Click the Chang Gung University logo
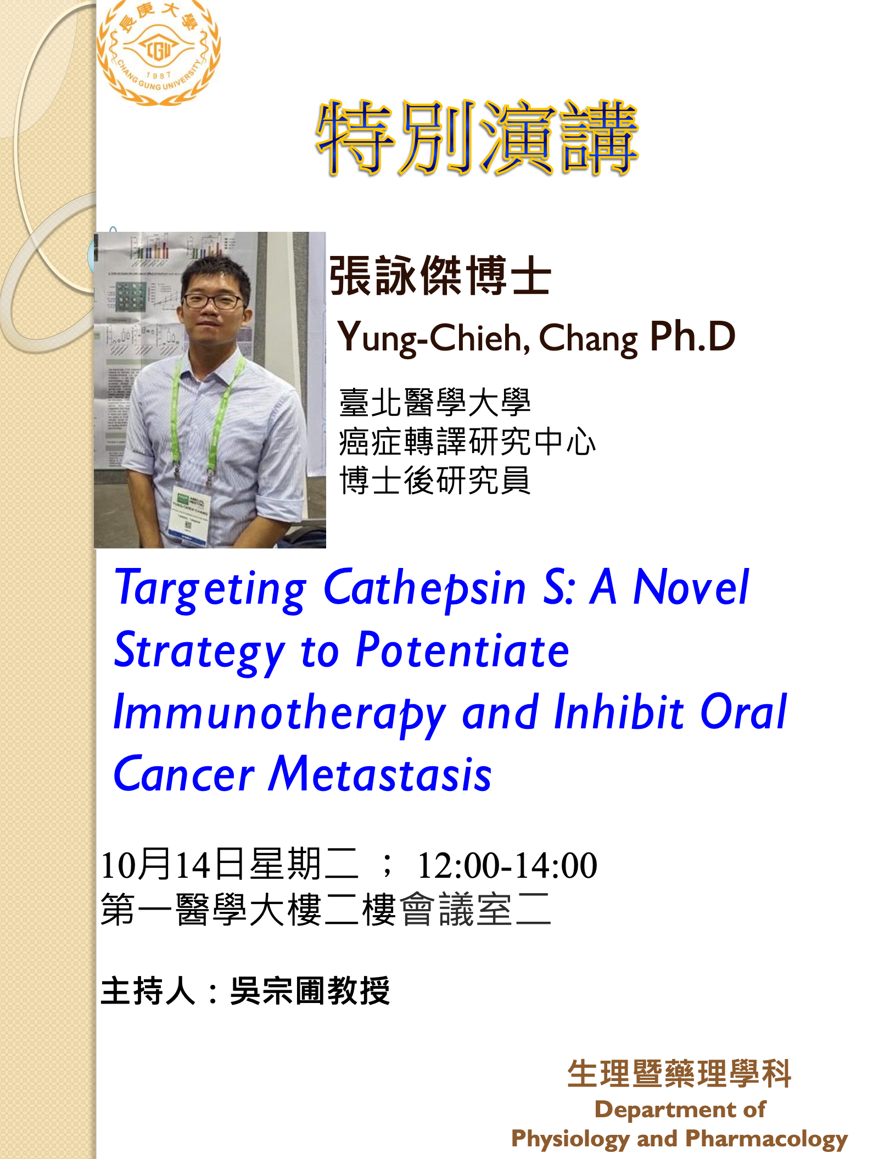pos(158,53)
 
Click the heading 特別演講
pos(477,138)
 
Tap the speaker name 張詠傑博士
pos(440,276)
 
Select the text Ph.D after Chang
pos(692,336)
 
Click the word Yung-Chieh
pos(433,337)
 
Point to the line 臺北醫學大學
pos(435,402)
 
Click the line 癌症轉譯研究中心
pos(467,442)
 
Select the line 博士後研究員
pos(435,480)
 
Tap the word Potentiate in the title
pos(462,650)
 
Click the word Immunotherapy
pos(279,714)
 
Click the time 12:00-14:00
pos(507,865)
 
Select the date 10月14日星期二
pos(230,865)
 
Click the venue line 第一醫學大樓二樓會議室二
pos(326,910)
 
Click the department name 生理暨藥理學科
pos(679,1073)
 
